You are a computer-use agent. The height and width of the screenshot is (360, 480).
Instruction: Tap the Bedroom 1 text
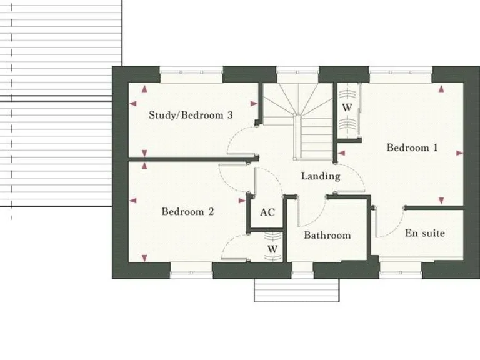(x=412, y=148)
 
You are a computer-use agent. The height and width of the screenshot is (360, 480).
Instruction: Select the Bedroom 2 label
(x=187, y=212)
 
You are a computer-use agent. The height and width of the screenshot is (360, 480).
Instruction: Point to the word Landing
(x=321, y=176)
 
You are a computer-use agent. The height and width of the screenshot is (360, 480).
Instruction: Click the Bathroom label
(x=327, y=236)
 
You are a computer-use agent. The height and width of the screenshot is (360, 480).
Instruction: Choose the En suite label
(x=425, y=233)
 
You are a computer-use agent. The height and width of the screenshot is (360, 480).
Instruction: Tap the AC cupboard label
(x=267, y=212)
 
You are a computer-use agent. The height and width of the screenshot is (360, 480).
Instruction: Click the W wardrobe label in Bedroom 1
(x=347, y=107)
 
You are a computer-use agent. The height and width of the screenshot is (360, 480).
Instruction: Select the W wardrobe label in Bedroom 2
(x=272, y=249)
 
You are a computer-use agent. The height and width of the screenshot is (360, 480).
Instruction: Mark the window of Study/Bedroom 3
(x=191, y=71)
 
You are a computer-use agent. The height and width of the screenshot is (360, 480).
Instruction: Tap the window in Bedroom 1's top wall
(x=400, y=71)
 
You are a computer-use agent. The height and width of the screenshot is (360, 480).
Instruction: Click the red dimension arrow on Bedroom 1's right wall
(x=460, y=152)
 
